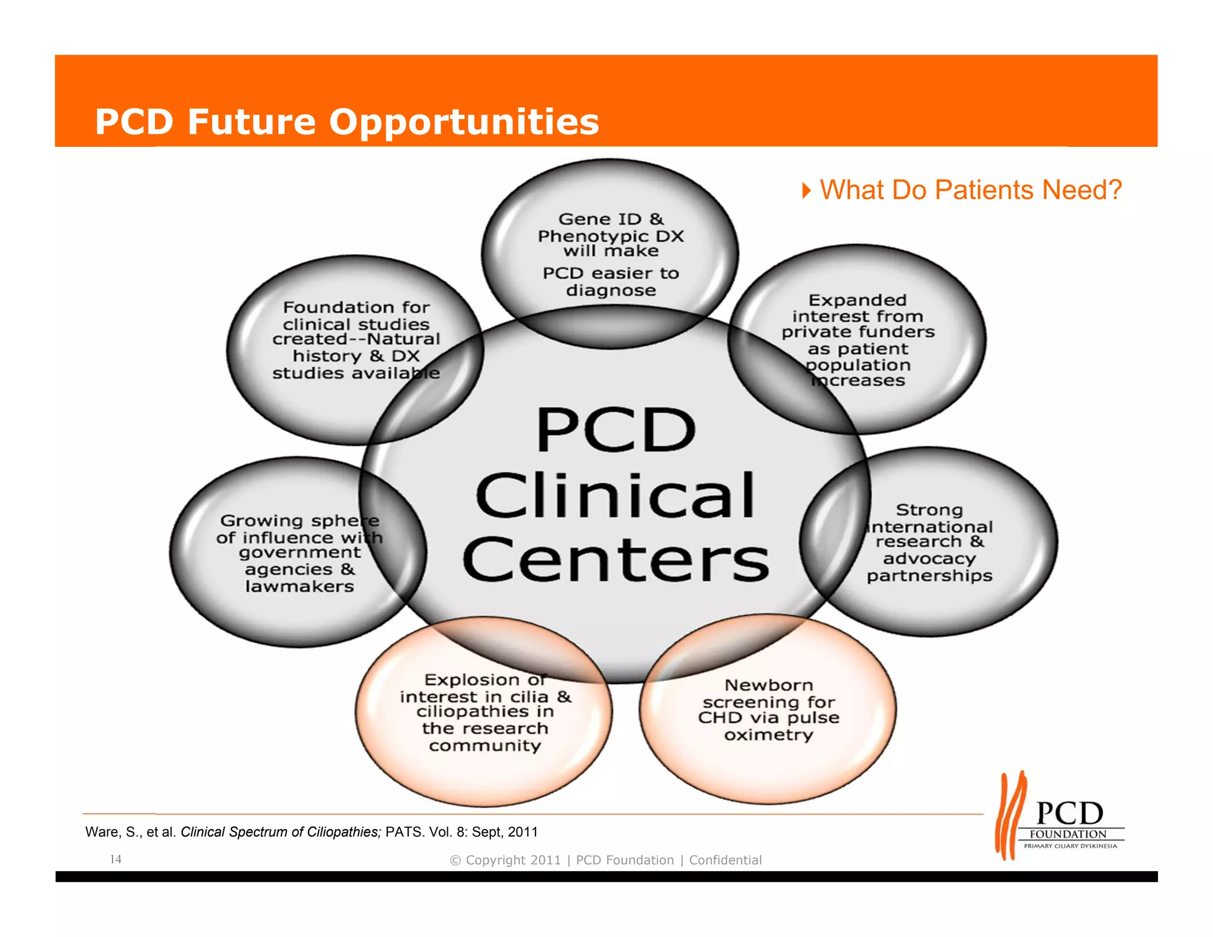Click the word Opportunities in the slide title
[464, 122]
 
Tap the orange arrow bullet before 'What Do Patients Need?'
[806, 191]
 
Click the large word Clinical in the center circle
[615, 496]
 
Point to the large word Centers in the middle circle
[615, 560]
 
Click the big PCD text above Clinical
[615, 430]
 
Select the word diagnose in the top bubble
[611, 290]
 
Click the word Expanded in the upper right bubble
[857, 300]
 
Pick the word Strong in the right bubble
[929, 510]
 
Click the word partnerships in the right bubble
[929, 576]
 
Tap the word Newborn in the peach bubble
[768, 685]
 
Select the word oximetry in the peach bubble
[768, 735]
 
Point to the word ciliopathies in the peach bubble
[484, 711]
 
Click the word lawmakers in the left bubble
[299, 587]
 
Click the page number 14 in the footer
[115, 859]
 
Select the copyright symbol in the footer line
[455, 861]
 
